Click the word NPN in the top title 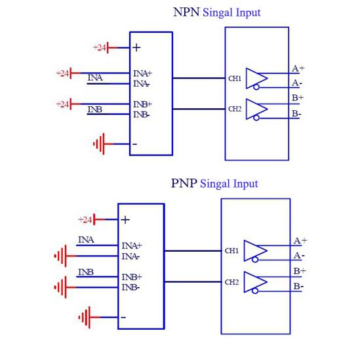coord(186,12)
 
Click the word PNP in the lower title coord(184,184)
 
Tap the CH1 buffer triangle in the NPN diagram coord(256,77)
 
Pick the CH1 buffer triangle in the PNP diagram coord(256,250)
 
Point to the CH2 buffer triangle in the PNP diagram coord(256,281)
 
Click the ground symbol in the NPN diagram coord(99,143)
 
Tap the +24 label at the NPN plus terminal coord(100,47)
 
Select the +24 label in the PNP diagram coord(85,219)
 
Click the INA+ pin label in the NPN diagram coord(142,73)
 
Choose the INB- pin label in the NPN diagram coord(142,115)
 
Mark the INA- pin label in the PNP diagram coord(130,256)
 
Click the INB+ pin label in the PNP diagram coord(131,277)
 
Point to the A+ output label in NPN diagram coord(298,68)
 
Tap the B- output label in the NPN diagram coord(297,113)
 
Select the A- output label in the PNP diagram coord(299,255)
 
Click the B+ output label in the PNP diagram coord(299,271)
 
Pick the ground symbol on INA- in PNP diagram coord(61,255)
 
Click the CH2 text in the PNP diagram coord(231,282)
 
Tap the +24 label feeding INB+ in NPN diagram coord(63,104)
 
